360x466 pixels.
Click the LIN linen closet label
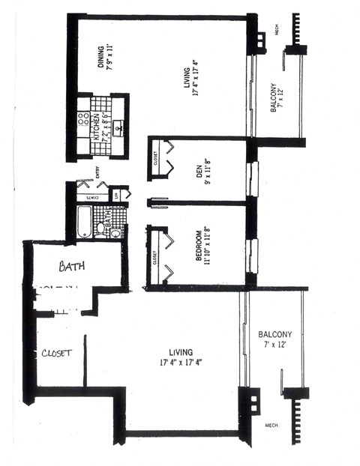[x=116, y=196]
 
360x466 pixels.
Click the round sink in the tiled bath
[x=116, y=232]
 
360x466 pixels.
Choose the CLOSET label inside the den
[x=154, y=159]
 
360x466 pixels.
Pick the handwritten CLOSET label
[x=57, y=353]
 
